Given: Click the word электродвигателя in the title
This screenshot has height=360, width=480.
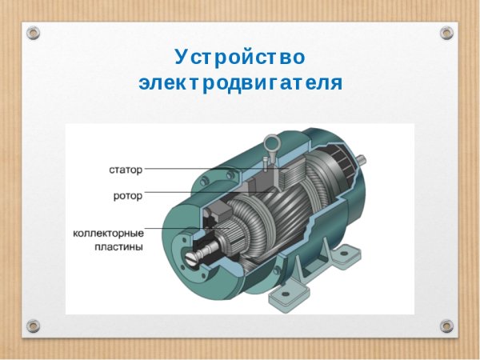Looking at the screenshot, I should click(240, 82).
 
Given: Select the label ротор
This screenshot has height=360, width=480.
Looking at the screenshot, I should click(127, 194).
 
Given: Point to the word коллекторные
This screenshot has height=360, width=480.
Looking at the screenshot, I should click(108, 232).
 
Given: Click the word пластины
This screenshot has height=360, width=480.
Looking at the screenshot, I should click(117, 247).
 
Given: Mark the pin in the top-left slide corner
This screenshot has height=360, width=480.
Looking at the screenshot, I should click(33, 33).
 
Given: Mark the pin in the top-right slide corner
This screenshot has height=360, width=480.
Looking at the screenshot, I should click(446, 33).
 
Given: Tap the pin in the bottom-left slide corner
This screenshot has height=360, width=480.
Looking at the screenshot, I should click(33, 326).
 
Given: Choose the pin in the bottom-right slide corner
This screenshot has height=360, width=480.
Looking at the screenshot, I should click(446, 326).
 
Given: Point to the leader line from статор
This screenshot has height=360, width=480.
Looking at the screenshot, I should click(192, 170).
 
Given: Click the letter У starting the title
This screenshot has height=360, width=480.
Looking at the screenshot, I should click(181, 58).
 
